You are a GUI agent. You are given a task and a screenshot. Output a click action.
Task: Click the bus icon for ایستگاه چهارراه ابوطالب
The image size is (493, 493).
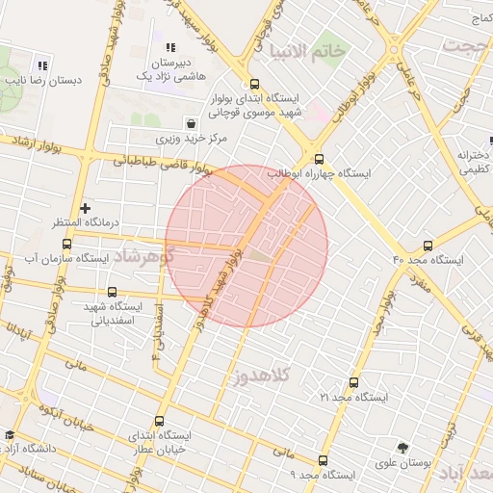tap(320, 160)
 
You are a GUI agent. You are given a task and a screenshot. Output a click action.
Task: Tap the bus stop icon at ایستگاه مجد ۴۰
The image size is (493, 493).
tap(428, 246)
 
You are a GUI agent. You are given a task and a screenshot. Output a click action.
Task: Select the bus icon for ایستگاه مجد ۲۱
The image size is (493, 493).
tap(353, 382)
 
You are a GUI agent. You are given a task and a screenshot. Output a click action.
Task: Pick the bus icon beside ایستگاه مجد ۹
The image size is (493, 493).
tap(322, 460)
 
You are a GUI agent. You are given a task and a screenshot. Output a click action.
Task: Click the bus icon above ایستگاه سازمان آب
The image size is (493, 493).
tap(66, 245)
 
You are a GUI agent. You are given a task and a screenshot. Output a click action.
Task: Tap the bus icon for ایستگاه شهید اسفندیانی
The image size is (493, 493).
tap(112, 292)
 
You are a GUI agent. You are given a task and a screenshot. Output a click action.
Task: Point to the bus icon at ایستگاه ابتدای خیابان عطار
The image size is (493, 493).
tap(159, 420)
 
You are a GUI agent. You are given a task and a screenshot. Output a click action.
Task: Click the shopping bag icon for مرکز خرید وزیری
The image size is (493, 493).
tap(192, 123)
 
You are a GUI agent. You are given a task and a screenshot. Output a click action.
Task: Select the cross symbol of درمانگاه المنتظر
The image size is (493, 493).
tap(86, 207)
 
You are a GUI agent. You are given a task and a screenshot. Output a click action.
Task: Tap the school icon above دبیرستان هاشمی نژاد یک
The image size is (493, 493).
tap(170, 47)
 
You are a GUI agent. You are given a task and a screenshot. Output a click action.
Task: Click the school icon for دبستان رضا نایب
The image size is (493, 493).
tap(42, 65)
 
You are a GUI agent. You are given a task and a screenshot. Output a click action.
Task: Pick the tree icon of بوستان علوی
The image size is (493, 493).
tap(402, 448)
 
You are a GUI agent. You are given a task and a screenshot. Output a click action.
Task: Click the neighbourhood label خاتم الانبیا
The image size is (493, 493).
tap(308, 51)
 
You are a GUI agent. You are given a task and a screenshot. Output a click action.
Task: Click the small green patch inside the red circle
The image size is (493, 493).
tap(260, 257)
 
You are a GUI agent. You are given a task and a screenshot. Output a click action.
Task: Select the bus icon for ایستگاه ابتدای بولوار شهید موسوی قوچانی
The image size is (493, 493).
tap(254, 84)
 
